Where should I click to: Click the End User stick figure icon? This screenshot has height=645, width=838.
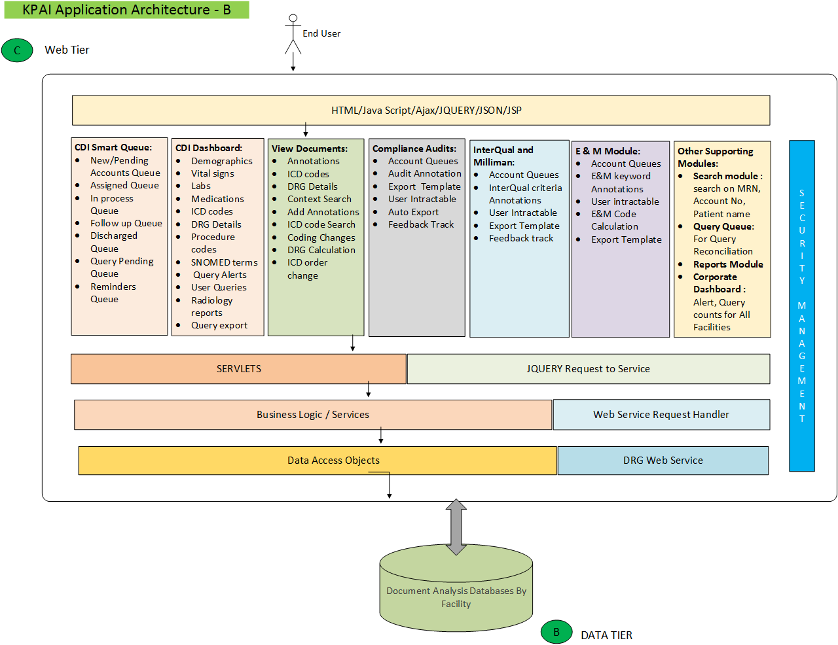click(293, 34)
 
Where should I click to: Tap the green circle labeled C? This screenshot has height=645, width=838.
click(17, 50)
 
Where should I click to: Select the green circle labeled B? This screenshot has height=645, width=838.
click(556, 632)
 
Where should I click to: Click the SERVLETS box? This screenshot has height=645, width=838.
click(238, 369)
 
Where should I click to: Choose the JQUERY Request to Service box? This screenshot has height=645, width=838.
click(588, 369)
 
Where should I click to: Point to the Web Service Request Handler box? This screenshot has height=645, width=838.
click(661, 415)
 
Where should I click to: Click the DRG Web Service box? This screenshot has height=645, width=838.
click(663, 461)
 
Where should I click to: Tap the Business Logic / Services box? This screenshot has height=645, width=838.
click(313, 415)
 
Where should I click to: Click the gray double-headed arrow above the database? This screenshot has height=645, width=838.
click(456, 527)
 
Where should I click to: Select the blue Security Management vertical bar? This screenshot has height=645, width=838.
click(801, 305)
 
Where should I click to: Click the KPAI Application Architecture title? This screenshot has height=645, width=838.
click(126, 10)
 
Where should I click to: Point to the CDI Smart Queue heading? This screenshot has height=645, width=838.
click(113, 148)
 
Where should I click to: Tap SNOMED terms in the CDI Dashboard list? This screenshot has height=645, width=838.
click(224, 262)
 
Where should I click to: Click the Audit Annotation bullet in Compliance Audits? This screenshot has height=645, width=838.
click(424, 173)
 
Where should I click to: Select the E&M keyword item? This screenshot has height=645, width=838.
click(621, 176)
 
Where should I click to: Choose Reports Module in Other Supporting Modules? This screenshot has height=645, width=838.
click(728, 264)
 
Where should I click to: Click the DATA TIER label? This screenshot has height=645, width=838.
click(606, 635)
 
